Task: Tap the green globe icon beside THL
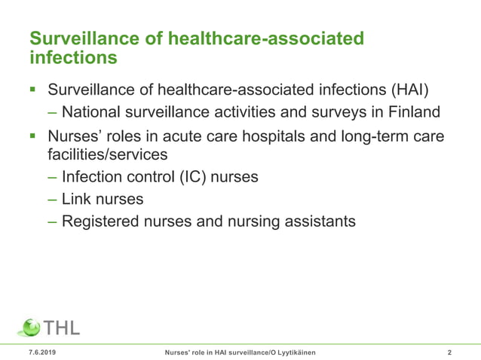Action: tap(29, 328)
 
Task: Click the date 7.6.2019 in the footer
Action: tap(41, 352)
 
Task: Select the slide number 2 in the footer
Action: tap(449, 352)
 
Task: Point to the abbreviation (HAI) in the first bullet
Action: tap(409, 90)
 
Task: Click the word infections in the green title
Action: tap(72, 57)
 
